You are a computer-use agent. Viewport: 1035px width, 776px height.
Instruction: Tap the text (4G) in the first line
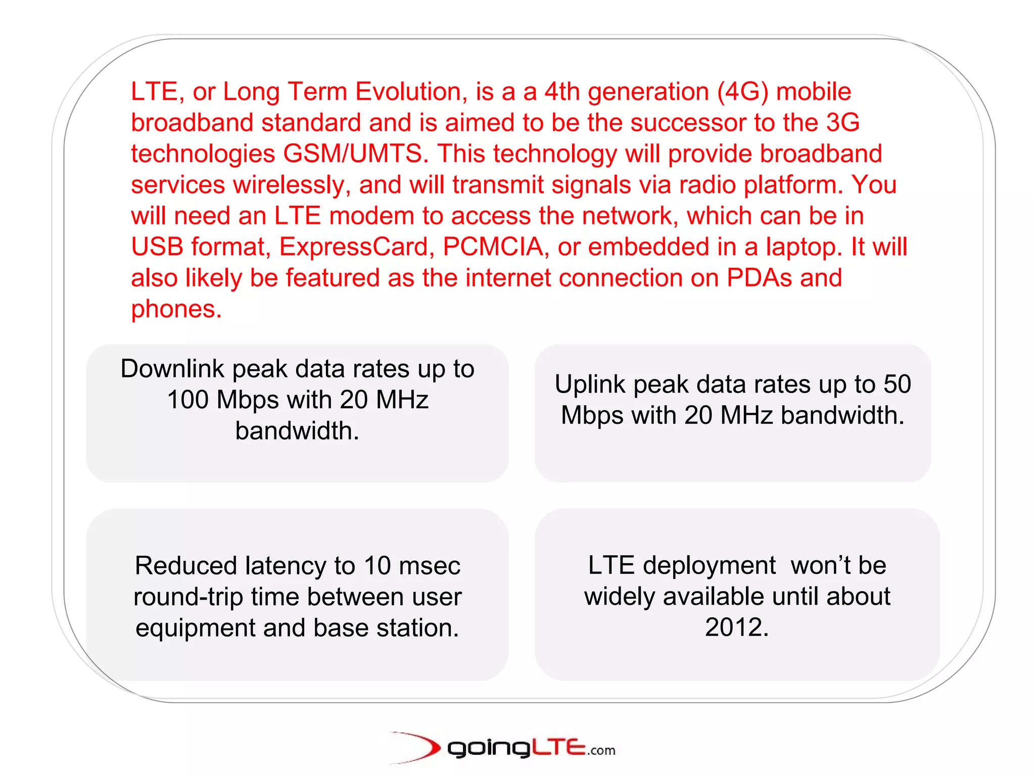click(742, 92)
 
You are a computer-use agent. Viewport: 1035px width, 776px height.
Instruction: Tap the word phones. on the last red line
click(176, 309)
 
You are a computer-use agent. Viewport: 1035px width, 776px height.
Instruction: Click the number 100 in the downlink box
click(187, 400)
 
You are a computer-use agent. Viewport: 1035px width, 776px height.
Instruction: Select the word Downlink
click(172, 369)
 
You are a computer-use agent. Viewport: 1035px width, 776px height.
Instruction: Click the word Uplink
click(590, 384)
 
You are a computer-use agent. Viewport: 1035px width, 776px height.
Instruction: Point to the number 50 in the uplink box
click(897, 384)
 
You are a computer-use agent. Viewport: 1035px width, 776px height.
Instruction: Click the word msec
click(429, 566)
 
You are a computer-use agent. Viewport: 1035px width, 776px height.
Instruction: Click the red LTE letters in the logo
click(558, 747)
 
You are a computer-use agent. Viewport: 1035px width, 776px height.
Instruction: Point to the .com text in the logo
click(601, 751)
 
